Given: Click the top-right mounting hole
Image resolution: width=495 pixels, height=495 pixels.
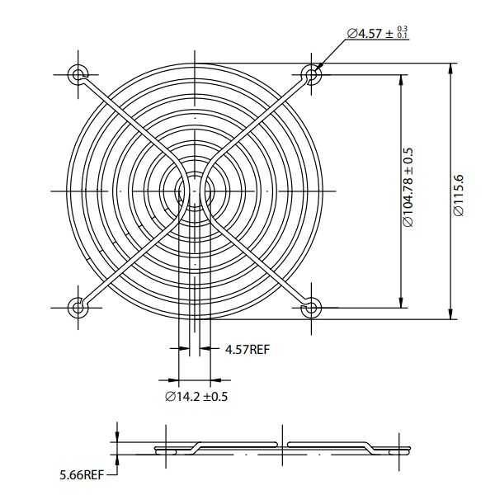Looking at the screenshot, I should tap(311, 75).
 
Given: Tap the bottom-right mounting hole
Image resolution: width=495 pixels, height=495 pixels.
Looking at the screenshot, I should tap(311, 308).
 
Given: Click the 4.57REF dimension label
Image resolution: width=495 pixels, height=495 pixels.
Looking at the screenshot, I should tap(247, 350).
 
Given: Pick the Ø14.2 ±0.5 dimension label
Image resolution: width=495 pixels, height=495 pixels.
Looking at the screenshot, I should tap(196, 397).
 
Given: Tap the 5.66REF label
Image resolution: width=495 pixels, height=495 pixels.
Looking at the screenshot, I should tap(81, 475).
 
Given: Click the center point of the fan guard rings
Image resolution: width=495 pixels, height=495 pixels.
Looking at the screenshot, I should tap(195, 191).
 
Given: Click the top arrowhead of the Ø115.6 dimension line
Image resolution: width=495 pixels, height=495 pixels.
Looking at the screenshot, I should tap(450, 67).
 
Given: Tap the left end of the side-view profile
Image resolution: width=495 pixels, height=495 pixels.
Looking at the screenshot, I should tap(157, 450).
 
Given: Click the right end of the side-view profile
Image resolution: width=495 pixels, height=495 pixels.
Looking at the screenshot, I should tap(409, 450).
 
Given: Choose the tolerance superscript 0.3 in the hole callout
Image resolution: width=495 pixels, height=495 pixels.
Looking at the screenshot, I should tap(403, 29).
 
